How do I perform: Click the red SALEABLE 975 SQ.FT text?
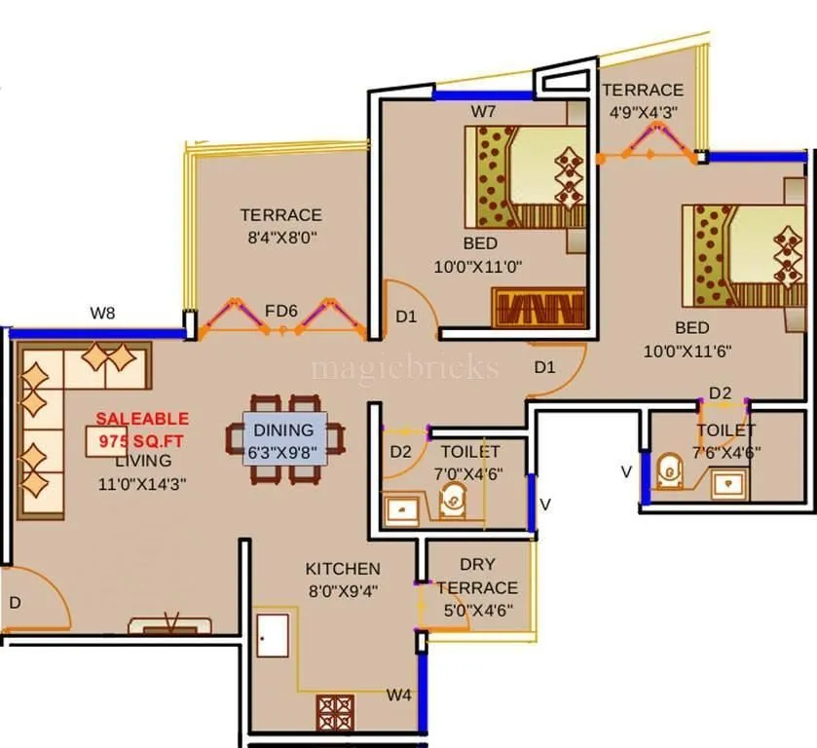142,429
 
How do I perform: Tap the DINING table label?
283,430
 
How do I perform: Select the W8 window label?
104,313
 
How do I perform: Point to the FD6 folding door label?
280,311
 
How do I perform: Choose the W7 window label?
484,111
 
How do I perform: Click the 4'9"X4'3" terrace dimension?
641,112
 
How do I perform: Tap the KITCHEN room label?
342,569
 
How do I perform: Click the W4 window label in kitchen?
398,694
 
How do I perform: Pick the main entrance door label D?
15,603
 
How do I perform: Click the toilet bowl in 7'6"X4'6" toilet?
669,472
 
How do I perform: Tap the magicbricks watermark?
404,368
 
